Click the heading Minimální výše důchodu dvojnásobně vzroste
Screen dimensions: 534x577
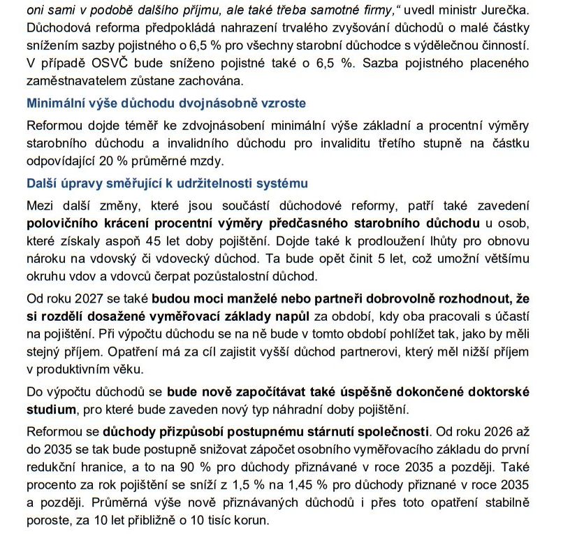tap(166, 103)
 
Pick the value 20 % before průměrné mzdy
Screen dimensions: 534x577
tap(131, 159)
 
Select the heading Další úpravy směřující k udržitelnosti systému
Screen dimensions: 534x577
tap(167, 183)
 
